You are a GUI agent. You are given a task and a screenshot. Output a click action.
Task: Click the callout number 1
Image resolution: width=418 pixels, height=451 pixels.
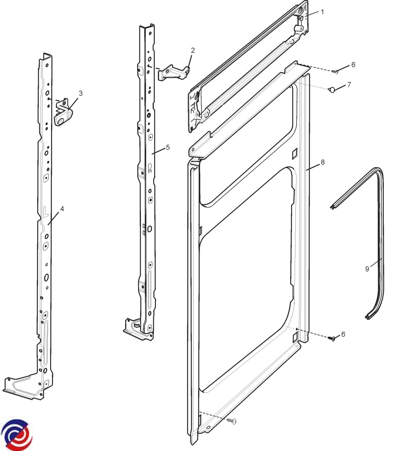[x=323, y=12]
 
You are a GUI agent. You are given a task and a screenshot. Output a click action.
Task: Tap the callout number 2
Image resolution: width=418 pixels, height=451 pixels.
[x=193, y=50]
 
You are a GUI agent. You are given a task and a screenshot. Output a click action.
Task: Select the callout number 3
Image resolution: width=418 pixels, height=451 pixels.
[x=81, y=93]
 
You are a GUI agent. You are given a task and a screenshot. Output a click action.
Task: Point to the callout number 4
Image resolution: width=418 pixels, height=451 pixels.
[x=62, y=209]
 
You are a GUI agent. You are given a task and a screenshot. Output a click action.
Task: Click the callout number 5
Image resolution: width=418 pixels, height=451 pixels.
[x=168, y=147]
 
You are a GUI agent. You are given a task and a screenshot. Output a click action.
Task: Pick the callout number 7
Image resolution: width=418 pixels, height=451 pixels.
[x=349, y=85]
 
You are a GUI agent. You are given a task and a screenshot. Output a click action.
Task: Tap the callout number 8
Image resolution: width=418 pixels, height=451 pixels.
[x=323, y=162]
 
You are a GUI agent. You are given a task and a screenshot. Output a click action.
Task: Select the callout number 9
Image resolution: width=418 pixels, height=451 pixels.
[x=367, y=269]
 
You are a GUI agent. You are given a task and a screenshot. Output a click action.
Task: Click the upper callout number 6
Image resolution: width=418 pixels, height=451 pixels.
[x=353, y=65]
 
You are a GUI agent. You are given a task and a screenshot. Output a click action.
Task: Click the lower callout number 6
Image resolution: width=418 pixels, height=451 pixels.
[x=343, y=334]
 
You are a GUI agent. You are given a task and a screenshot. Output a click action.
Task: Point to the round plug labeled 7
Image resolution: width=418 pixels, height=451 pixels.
[x=332, y=90]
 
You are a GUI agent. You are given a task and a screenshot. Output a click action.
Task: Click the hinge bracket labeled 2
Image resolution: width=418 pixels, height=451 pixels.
[x=174, y=72]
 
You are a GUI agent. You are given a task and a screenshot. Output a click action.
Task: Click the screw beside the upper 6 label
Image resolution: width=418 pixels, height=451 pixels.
[x=335, y=72]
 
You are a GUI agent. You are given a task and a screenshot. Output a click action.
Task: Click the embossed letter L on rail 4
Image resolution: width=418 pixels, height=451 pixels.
[x=45, y=211]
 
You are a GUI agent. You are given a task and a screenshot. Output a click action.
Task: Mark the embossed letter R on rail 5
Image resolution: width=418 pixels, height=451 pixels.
[x=150, y=168]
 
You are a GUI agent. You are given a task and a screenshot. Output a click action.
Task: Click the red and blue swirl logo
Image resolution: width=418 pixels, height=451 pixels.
[x=17, y=434]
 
